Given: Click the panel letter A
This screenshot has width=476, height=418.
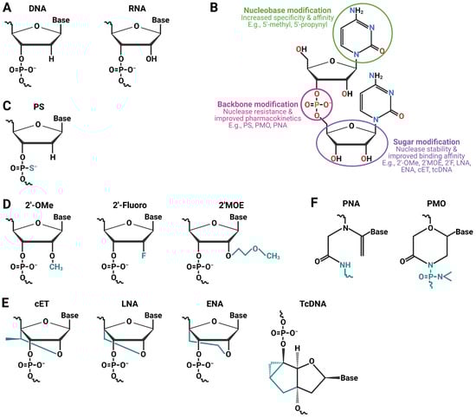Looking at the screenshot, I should pos(6,7).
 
